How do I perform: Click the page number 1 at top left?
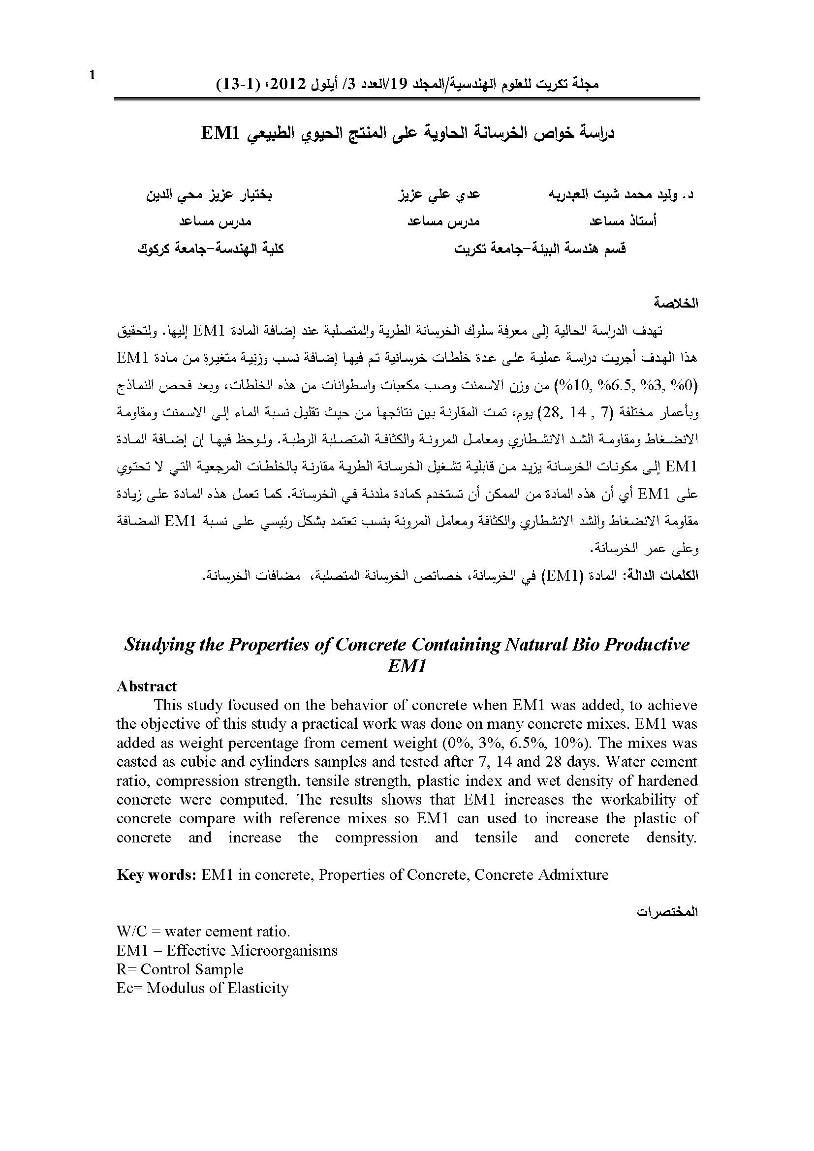92,76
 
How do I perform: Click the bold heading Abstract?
146,686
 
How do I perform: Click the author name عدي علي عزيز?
438,194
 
